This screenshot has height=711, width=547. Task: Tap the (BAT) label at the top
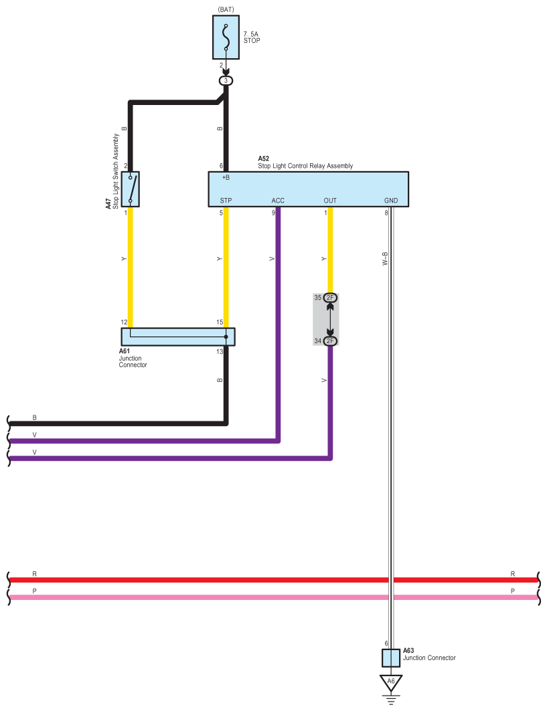pos(226,9)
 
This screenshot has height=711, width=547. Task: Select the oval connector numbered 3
pos(226,80)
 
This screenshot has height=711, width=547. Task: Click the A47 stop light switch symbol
pos(131,189)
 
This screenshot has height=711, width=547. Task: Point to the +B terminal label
pos(226,178)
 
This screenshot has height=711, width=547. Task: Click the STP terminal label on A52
pos(226,201)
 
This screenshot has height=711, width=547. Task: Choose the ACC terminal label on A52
pos(278,201)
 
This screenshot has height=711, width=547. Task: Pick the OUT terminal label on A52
pos(330,201)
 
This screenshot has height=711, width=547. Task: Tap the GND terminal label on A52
pos(391,201)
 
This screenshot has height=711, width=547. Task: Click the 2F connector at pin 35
pos(330,297)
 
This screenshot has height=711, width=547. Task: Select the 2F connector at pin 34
pos(330,341)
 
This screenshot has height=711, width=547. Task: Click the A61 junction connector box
pos(178,336)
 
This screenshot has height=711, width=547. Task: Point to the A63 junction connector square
pos(391,657)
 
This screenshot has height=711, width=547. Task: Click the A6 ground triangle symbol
pos(391,682)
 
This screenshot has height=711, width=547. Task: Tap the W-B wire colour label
pos(385,259)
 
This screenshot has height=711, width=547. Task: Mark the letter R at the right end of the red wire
pos(513,574)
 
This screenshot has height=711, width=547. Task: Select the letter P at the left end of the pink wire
pos(35,591)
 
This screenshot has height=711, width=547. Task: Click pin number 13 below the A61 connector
pos(219,352)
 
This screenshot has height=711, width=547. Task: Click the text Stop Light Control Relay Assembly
pos(305,166)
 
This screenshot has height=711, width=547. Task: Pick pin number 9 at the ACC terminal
pos(272,213)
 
